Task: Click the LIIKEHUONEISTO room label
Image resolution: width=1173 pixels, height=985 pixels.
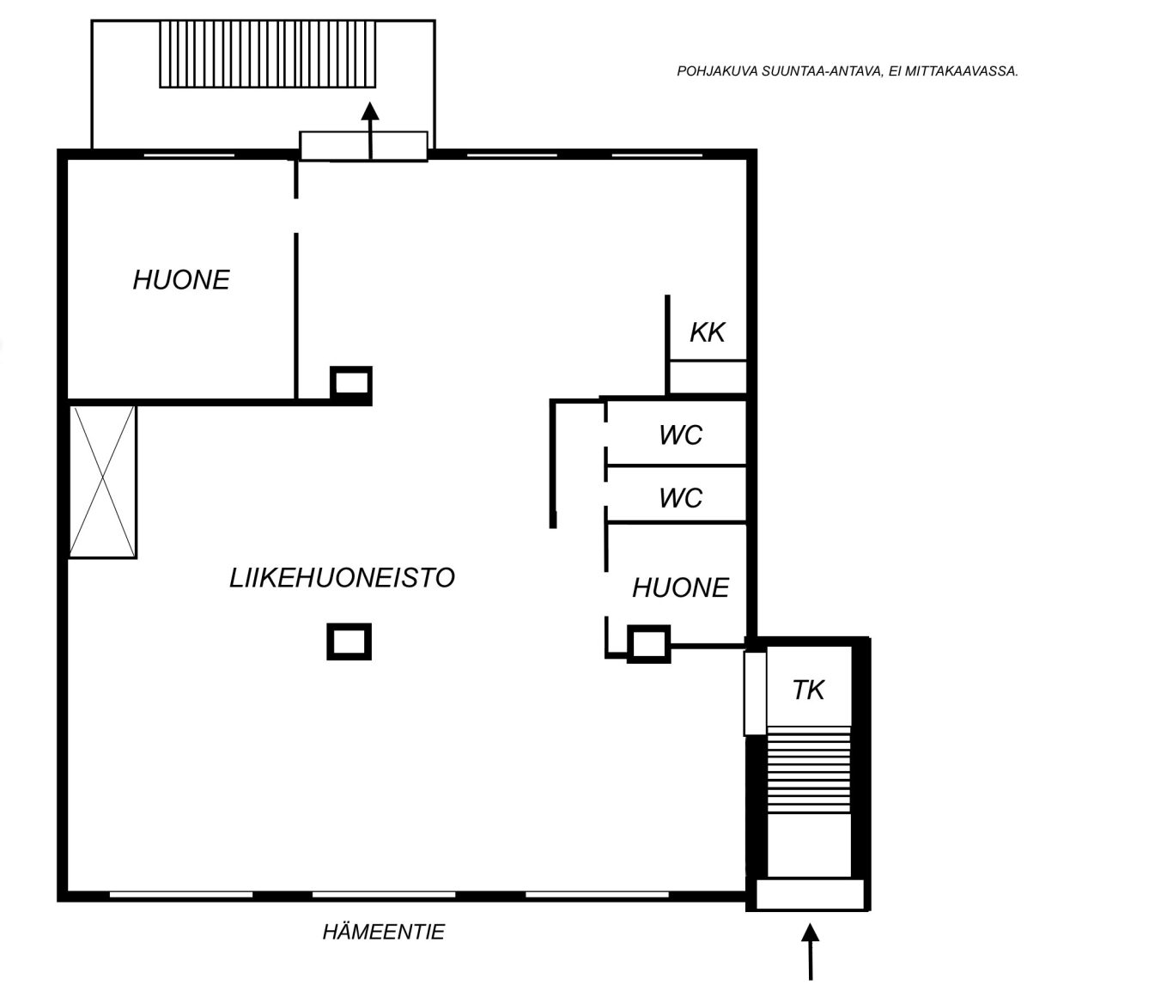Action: point(342,578)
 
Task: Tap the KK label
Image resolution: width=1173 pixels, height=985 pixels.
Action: point(708,332)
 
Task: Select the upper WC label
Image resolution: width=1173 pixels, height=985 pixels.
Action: point(681,435)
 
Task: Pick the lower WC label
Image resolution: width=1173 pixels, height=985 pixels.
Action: point(681,498)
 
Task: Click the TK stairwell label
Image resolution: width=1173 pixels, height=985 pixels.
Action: point(808,690)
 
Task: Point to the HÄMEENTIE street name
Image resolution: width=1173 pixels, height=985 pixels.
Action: point(384,932)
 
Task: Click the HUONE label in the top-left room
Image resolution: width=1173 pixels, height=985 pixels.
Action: point(181,280)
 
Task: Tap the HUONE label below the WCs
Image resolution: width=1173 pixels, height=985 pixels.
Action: point(680,587)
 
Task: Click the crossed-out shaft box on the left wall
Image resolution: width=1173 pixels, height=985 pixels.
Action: point(102,482)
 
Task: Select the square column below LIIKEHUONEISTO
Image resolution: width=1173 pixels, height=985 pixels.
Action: point(349,641)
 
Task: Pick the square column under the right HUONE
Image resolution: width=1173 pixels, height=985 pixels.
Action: point(649,644)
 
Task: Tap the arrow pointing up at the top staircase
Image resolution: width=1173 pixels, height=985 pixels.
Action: point(369,131)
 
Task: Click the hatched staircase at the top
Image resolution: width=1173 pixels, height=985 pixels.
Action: point(267,54)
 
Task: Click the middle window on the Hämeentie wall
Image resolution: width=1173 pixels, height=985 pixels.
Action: point(384,895)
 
